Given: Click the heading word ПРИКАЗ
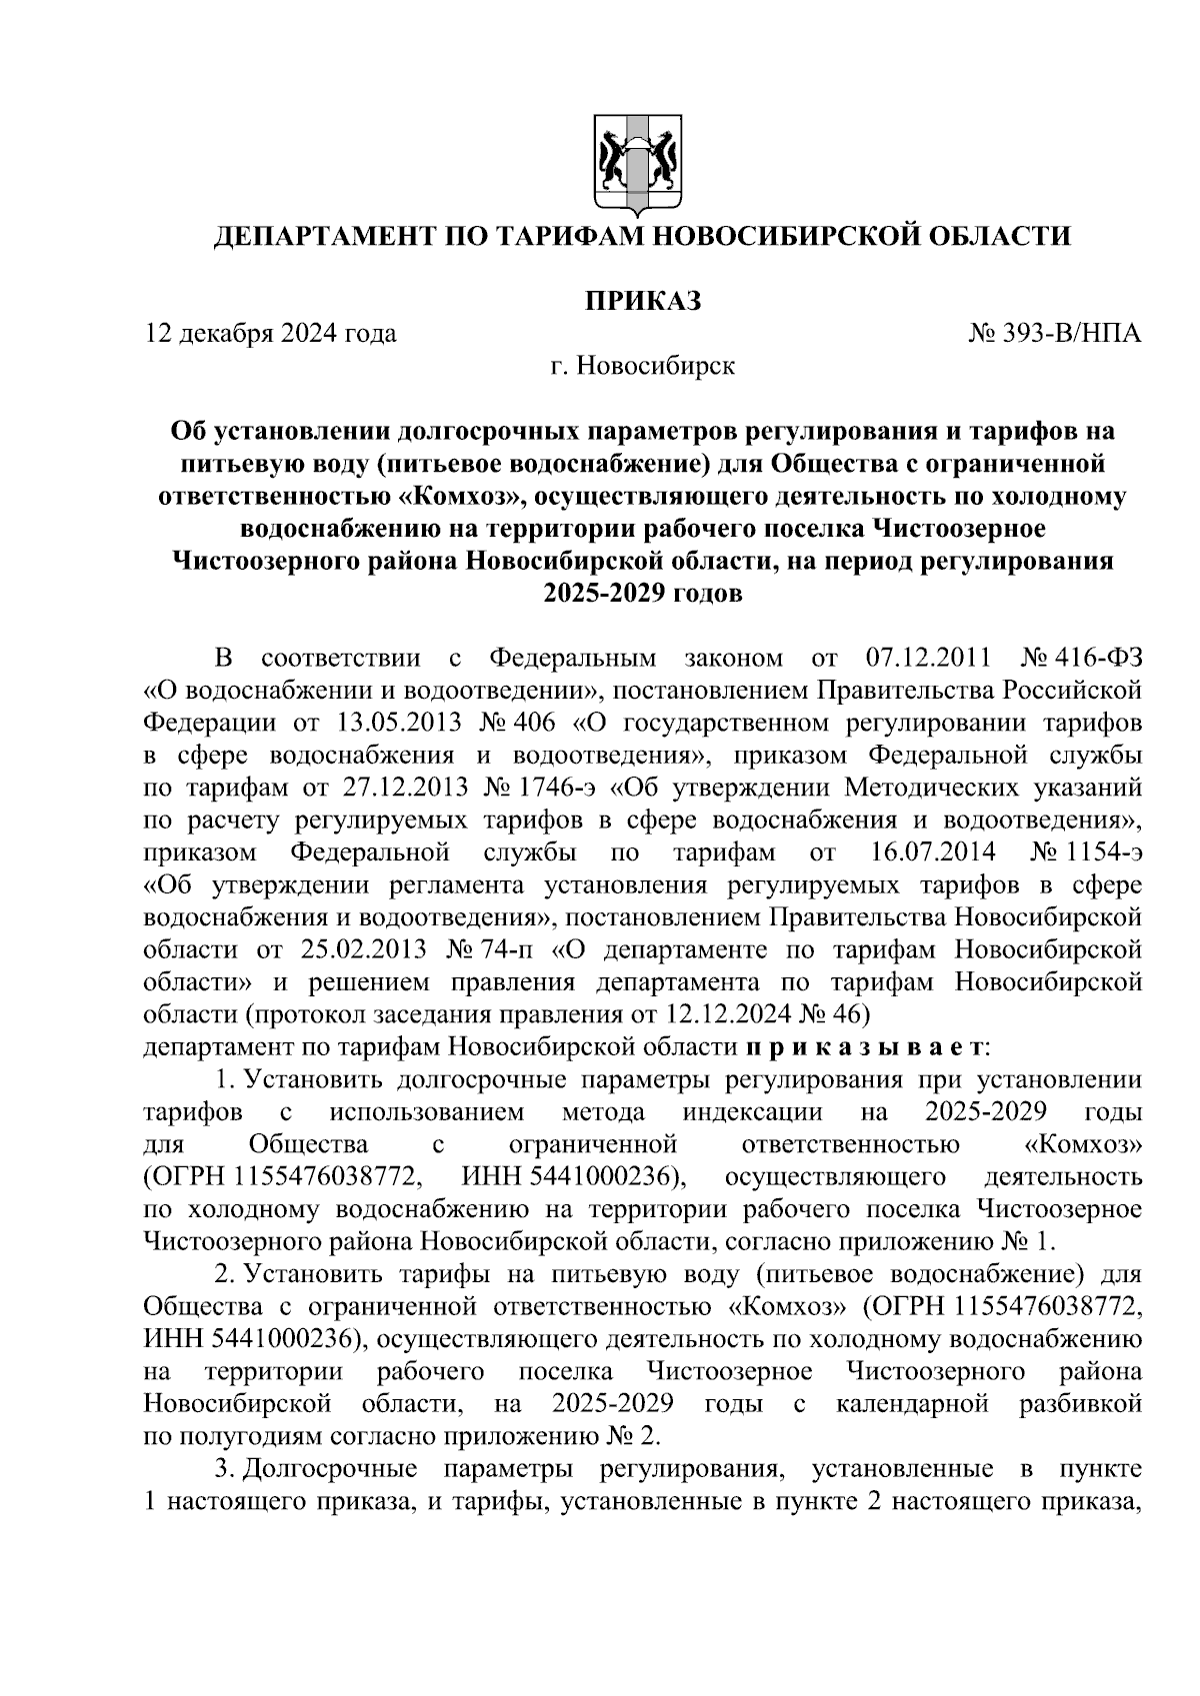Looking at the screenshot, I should (x=642, y=299).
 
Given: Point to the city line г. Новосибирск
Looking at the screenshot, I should (x=642, y=366).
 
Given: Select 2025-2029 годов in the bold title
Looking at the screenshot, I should (x=642, y=594).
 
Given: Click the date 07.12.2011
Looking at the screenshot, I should (x=925, y=659).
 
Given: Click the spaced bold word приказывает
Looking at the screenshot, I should (x=866, y=1046).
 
